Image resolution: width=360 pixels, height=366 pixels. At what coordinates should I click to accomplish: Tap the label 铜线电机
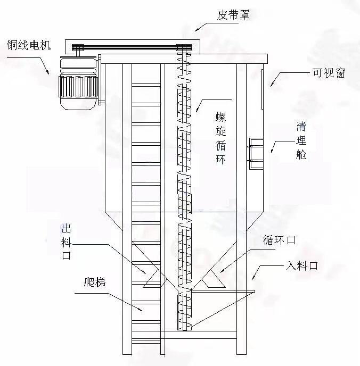click(28, 44)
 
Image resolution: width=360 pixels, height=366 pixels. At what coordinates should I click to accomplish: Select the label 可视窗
click(329, 73)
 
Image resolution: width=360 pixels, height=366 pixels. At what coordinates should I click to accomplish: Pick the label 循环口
click(279, 240)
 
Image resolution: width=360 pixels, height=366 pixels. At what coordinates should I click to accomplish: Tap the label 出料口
click(67, 242)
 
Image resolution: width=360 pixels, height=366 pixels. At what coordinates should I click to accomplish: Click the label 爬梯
click(94, 281)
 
